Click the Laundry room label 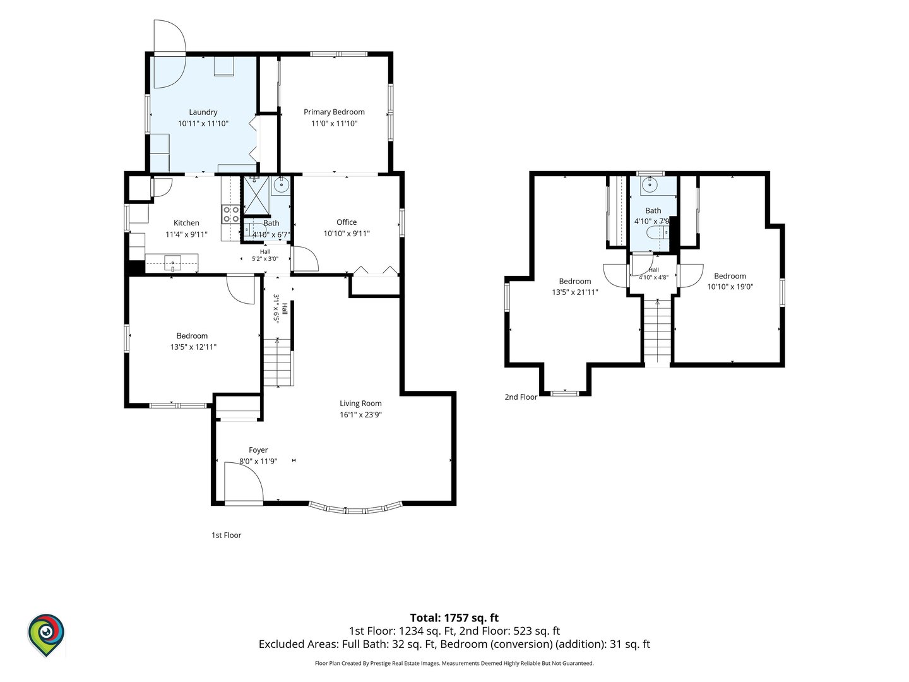pos(203,112)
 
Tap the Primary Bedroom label pos(334,112)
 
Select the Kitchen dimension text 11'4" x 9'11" pos(186,234)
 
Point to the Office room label pos(347,222)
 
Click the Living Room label pos(360,404)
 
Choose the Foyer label pos(258,450)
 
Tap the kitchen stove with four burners pos(230,215)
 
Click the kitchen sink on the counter pos(173,263)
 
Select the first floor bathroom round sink pos(281,185)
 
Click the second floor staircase pos(656,333)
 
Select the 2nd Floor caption pos(521,397)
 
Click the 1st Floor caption pos(227,535)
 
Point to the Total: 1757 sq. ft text pos(454,618)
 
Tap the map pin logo pos(46,635)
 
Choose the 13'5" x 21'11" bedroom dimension pos(575,292)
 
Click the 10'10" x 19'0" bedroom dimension pos(730,287)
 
